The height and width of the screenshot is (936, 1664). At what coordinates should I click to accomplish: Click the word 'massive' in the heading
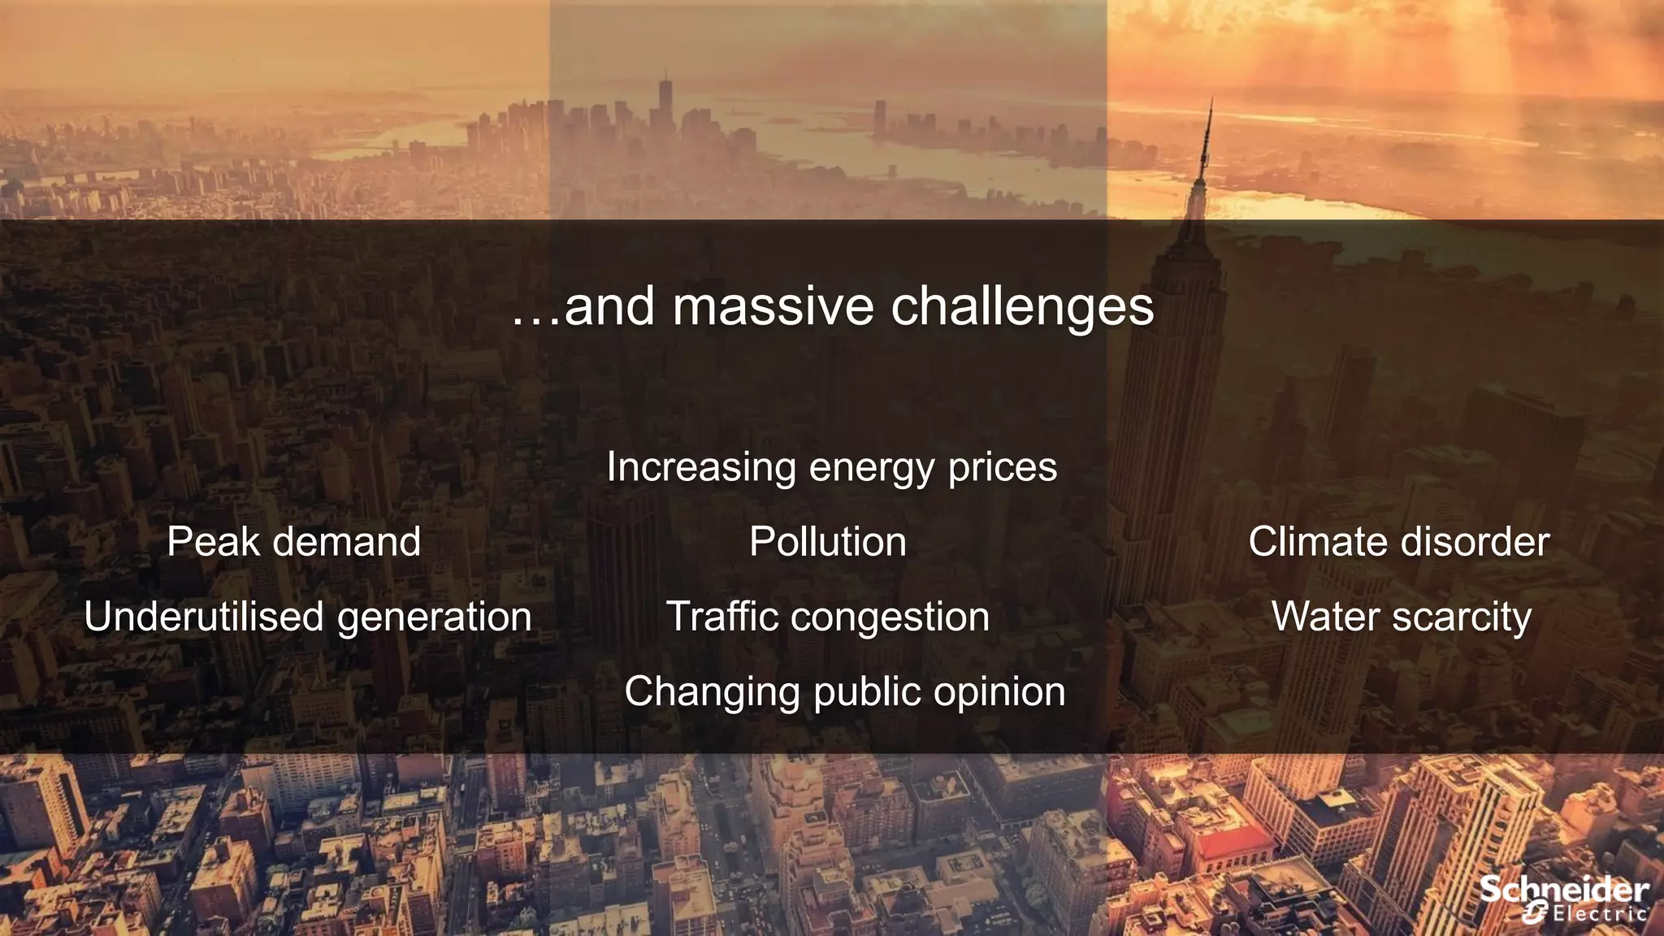[x=774, y=307]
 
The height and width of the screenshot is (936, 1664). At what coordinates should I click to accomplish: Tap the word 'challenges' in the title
[x=1022, y=309]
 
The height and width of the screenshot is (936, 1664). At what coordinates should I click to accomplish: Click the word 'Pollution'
[x=828, y=542]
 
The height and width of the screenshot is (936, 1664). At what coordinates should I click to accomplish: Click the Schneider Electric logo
[x=1563, y=899]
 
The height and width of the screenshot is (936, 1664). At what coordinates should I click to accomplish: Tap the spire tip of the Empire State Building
[x=1211, y=102]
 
